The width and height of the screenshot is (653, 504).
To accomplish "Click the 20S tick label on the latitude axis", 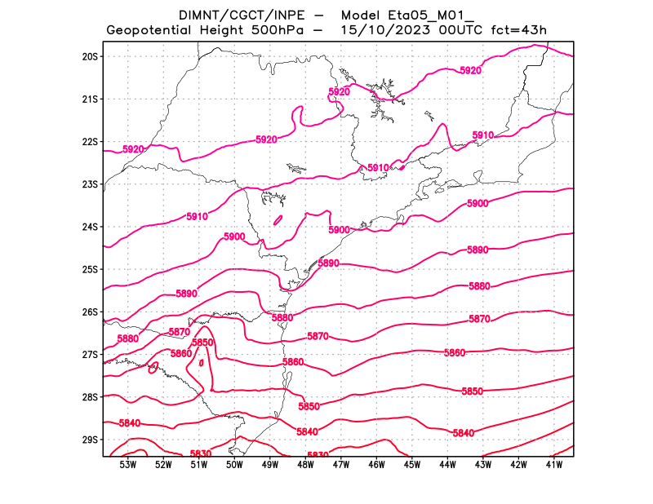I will tap(90, 56).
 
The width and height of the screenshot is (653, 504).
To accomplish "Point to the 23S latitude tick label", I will tap(90, 184).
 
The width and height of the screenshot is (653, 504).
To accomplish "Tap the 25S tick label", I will tap(90, 269).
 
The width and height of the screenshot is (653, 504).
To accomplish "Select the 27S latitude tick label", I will tap(90, 355).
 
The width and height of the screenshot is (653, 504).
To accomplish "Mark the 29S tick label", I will tap(90, 440).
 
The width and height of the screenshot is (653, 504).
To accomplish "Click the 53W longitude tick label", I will tap(127, 465).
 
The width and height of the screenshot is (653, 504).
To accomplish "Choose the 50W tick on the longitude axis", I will tap(234, 465).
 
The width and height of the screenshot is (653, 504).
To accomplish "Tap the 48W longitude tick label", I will tap(305, 465).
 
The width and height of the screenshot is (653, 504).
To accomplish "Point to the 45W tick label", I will tap(412, 465).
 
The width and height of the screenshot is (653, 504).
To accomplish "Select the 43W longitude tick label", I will tap(483, 465).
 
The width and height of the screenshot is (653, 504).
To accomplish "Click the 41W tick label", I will tap(554, 465).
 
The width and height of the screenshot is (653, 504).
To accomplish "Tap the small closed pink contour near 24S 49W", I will tap(278, 219).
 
